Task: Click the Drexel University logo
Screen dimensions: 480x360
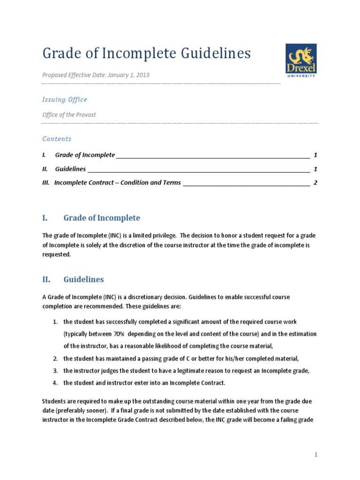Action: click(301, 60)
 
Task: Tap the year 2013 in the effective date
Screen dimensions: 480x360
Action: click(142, 75)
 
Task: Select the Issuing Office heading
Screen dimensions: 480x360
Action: click(65, 99)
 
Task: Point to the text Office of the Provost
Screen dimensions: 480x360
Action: click(69, 114)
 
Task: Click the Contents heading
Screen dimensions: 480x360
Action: click(57, 139)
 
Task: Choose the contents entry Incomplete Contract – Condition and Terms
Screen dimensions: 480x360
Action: click(117, 183)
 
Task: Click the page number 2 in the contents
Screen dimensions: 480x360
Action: click(315, 183)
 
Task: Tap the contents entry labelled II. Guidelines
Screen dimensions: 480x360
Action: click(70, 169)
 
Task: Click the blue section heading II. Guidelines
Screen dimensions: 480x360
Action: click(83, 279)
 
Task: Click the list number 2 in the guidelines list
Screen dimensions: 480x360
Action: click(55, 359)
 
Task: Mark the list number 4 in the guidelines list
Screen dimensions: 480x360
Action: click(55, 383)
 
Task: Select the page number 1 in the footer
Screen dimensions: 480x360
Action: click(316, 454)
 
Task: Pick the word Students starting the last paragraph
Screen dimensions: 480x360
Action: click(55, 402)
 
